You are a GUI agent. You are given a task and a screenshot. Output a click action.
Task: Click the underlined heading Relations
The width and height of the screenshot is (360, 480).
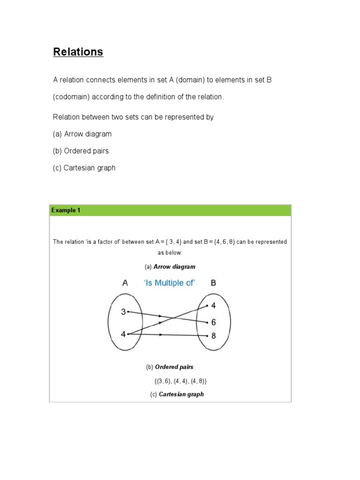tap(78, 52)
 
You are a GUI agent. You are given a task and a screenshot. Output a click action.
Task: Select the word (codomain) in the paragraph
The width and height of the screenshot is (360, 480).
tap(71, 97)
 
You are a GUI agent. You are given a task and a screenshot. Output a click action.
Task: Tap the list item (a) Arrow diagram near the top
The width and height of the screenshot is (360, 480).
tap(82, 134)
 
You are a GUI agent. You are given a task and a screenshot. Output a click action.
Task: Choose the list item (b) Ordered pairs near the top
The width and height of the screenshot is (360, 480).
tap(81, 151)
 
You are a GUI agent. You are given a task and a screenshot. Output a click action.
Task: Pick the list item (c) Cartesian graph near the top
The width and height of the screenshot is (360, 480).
tap(84, 168)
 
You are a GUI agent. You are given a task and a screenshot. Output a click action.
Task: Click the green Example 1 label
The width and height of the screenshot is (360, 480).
tap(66, 210)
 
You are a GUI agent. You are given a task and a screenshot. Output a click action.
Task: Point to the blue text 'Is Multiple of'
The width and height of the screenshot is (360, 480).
tap(169, 283)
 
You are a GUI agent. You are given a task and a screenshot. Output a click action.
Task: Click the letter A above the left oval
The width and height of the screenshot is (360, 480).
tap(125, 283)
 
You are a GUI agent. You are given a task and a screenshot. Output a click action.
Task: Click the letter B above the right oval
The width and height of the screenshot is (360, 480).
tap(214, 283)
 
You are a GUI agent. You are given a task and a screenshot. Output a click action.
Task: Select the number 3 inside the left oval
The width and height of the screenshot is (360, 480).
tap(123, 312)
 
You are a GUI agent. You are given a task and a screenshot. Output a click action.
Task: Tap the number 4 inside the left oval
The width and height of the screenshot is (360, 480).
tap(123, 334)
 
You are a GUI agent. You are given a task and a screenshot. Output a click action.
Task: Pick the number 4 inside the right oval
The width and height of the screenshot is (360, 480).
tap(214, 306)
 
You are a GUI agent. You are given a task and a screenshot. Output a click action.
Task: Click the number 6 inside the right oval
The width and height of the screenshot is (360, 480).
tap(214, 322)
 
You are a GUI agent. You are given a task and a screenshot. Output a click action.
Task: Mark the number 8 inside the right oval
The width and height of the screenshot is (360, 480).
tap(214, 336)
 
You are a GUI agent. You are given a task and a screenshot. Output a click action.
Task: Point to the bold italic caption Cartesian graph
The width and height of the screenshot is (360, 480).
tap(181, 394)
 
